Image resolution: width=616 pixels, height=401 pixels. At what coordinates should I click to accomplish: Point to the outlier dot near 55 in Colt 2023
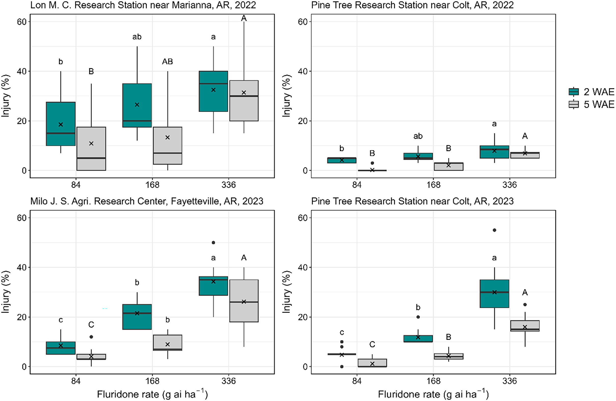[x=494, y=230]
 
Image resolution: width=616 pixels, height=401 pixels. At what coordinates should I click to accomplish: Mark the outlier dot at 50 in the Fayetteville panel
[x=213, y=242]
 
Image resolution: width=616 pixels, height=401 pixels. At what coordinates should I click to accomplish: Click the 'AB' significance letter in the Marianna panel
[x=167, y=62]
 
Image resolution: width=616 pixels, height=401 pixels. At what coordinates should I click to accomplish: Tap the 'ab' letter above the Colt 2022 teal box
[x=418, y=136]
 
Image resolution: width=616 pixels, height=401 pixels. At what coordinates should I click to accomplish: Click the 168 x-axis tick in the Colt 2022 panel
[x=433, y=185]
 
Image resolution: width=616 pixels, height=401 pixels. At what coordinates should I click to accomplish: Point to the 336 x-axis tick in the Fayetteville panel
[x=228, y=381]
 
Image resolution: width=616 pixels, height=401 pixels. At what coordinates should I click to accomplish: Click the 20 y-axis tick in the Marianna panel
[x=22, y=121]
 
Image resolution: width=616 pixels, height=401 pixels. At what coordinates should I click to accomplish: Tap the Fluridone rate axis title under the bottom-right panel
[x=433, y=395]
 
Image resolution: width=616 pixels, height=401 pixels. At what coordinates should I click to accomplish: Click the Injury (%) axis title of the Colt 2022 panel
[x=286, y=96]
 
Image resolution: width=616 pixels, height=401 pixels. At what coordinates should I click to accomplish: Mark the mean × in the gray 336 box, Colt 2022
[x=525, y=153]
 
